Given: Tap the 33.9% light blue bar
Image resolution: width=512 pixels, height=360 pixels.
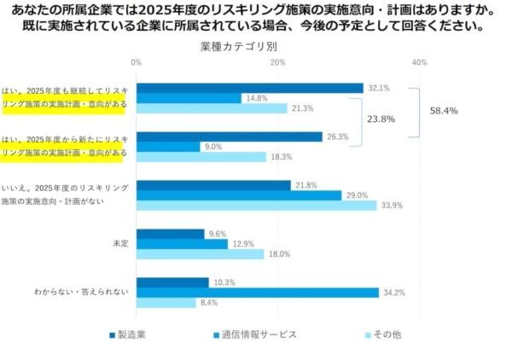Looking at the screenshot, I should pos(257,206).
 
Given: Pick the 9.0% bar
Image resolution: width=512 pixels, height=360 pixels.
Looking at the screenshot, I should pos(168,147).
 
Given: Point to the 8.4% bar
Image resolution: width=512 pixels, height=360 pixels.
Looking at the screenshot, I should pos(166,303).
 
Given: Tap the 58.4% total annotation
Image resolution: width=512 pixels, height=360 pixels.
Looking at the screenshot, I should pos(444,111).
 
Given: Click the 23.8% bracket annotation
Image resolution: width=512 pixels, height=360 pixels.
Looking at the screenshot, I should pos(381,119).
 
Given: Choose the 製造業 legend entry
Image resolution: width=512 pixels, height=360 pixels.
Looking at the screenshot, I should pos(128,334).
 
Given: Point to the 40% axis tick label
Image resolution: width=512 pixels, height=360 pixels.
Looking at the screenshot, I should pos(419,63).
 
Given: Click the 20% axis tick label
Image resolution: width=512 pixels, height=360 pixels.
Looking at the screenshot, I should pos(277,63).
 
